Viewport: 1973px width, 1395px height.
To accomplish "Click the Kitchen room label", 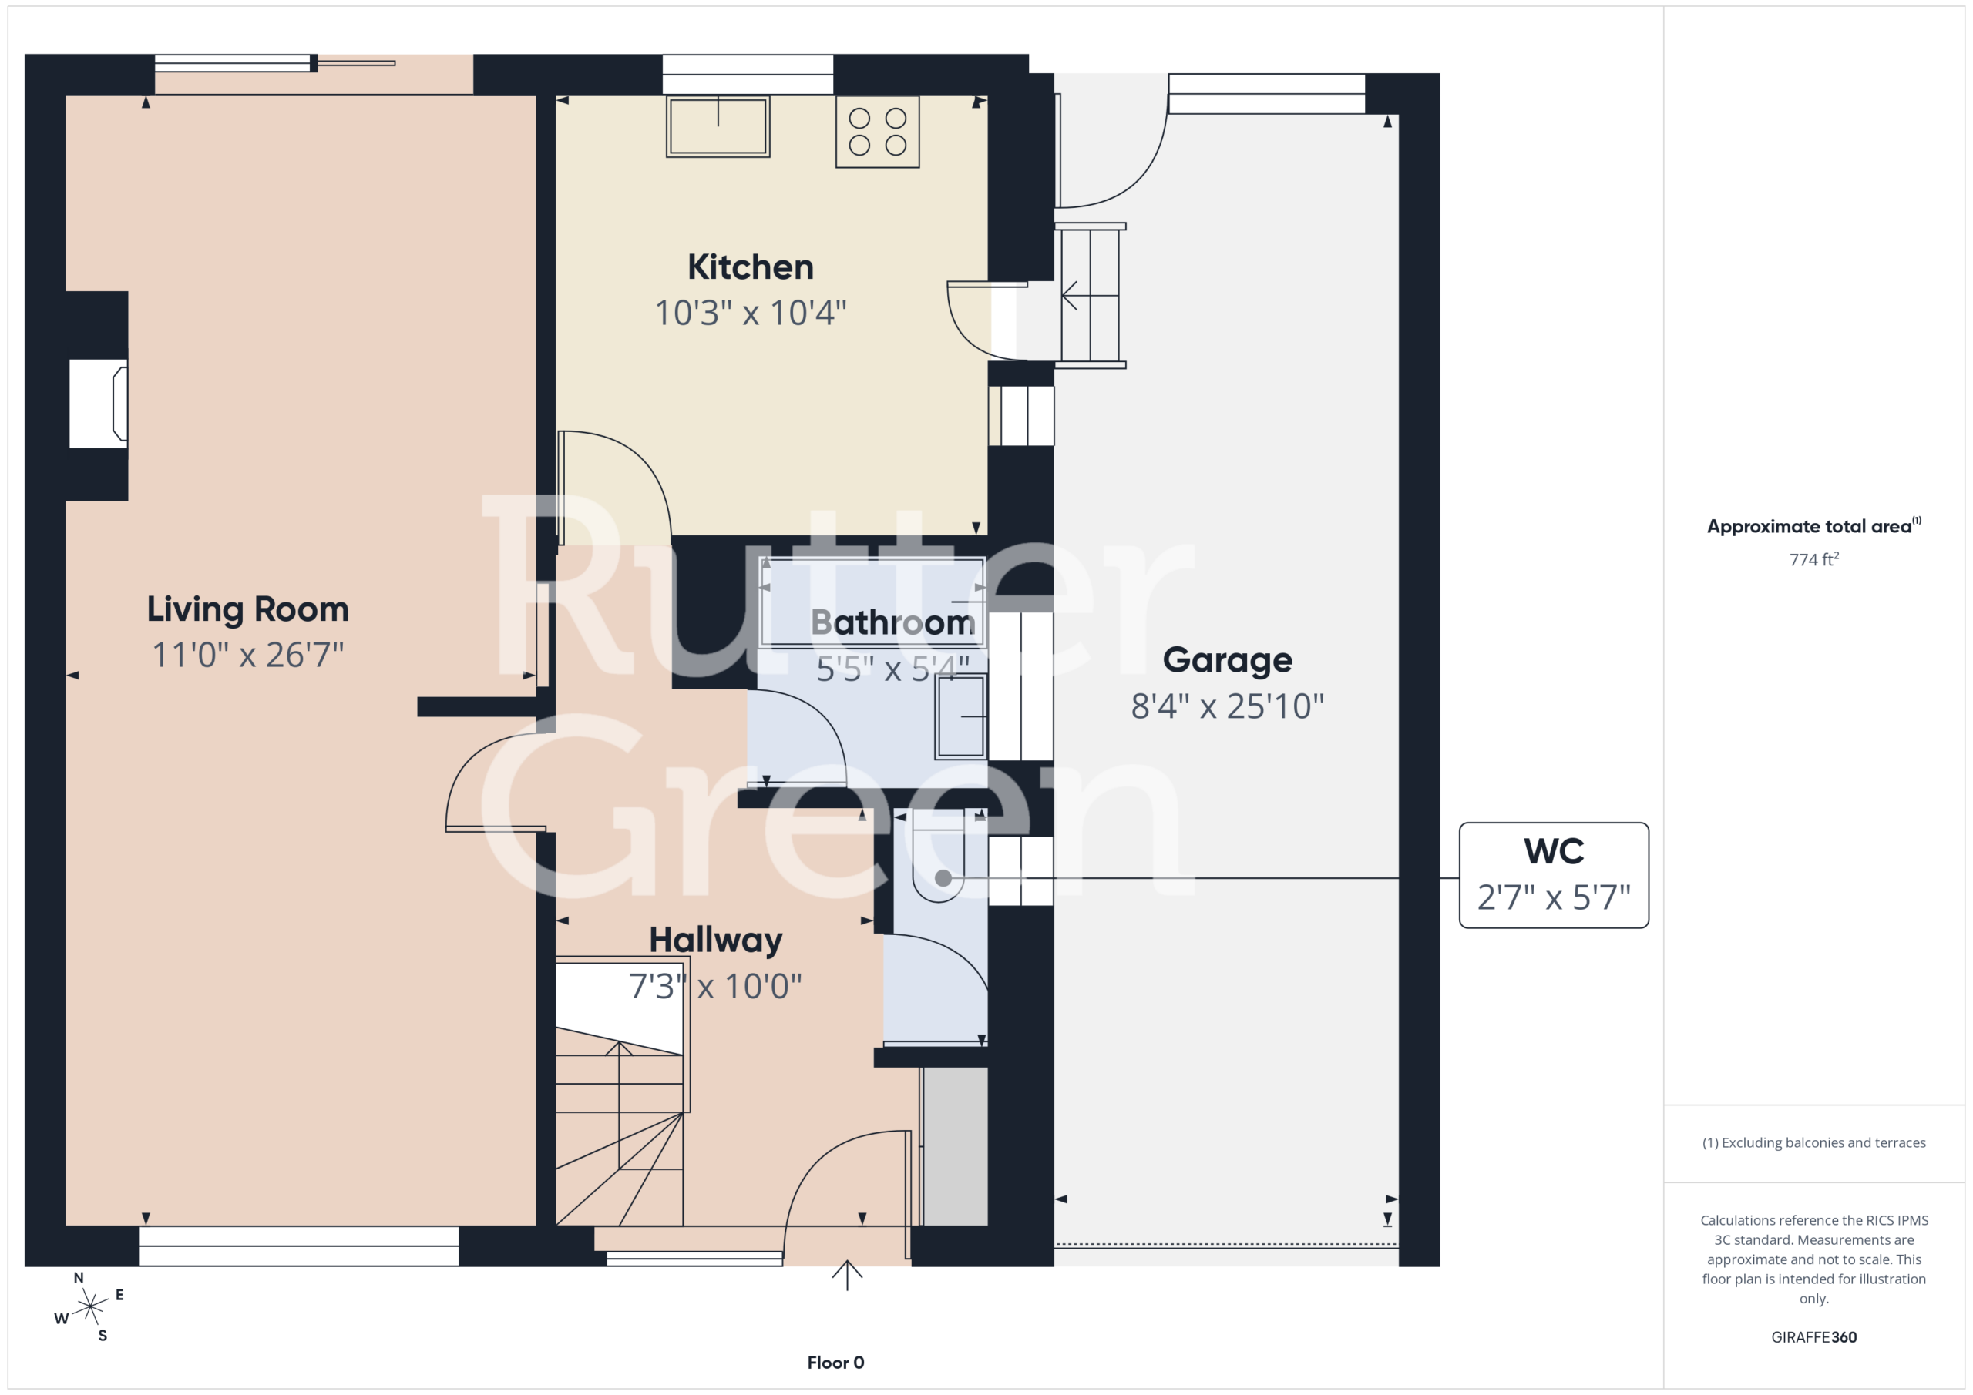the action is pos(750,267).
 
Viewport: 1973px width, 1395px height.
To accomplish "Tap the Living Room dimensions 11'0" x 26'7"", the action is pos(247,656).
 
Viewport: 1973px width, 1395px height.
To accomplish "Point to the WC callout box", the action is pos(1554,875).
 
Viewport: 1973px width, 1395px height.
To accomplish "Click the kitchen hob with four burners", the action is pos(877,132).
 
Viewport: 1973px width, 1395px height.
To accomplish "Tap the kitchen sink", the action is pos(718,126).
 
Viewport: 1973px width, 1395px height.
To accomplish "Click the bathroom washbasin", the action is pos(961,716).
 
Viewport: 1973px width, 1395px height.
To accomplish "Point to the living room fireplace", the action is pos(99,404).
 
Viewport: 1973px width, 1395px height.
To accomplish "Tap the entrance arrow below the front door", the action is pos(846,1275).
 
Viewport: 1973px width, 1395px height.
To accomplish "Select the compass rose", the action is pos(89,1307).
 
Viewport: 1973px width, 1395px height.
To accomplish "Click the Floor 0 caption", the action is pos(835,1363).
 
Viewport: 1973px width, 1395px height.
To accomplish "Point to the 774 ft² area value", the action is pos(1813,559).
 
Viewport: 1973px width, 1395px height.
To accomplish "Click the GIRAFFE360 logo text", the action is pos(1813,1337).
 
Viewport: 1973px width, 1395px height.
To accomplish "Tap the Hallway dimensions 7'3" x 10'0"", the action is pos(715,987).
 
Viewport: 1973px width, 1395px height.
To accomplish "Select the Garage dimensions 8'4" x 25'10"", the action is pos(1227,707).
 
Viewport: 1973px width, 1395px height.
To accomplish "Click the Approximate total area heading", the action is pos(1813,525).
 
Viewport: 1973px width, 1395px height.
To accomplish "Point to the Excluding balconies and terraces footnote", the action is pos(1813,1142).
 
